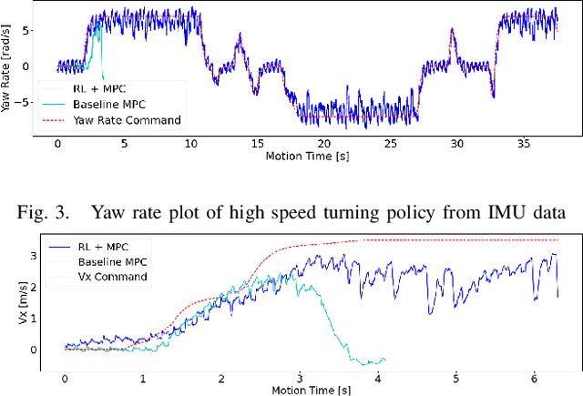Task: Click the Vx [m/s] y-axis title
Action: (x=11, y=300)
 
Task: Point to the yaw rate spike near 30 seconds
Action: (x=452, y=30)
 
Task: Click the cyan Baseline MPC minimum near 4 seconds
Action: (x=370, y=363)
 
